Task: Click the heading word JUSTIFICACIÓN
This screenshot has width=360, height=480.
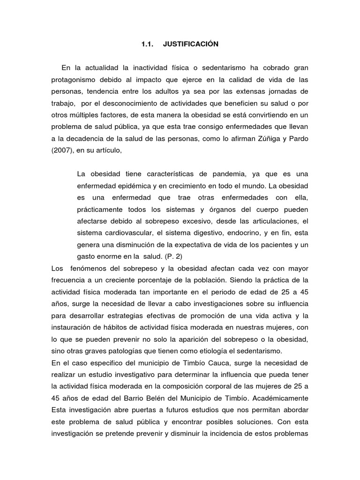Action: click(191, 44)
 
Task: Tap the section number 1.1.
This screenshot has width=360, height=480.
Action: click(148, 44)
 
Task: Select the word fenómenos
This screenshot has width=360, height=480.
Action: click(90, 269)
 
